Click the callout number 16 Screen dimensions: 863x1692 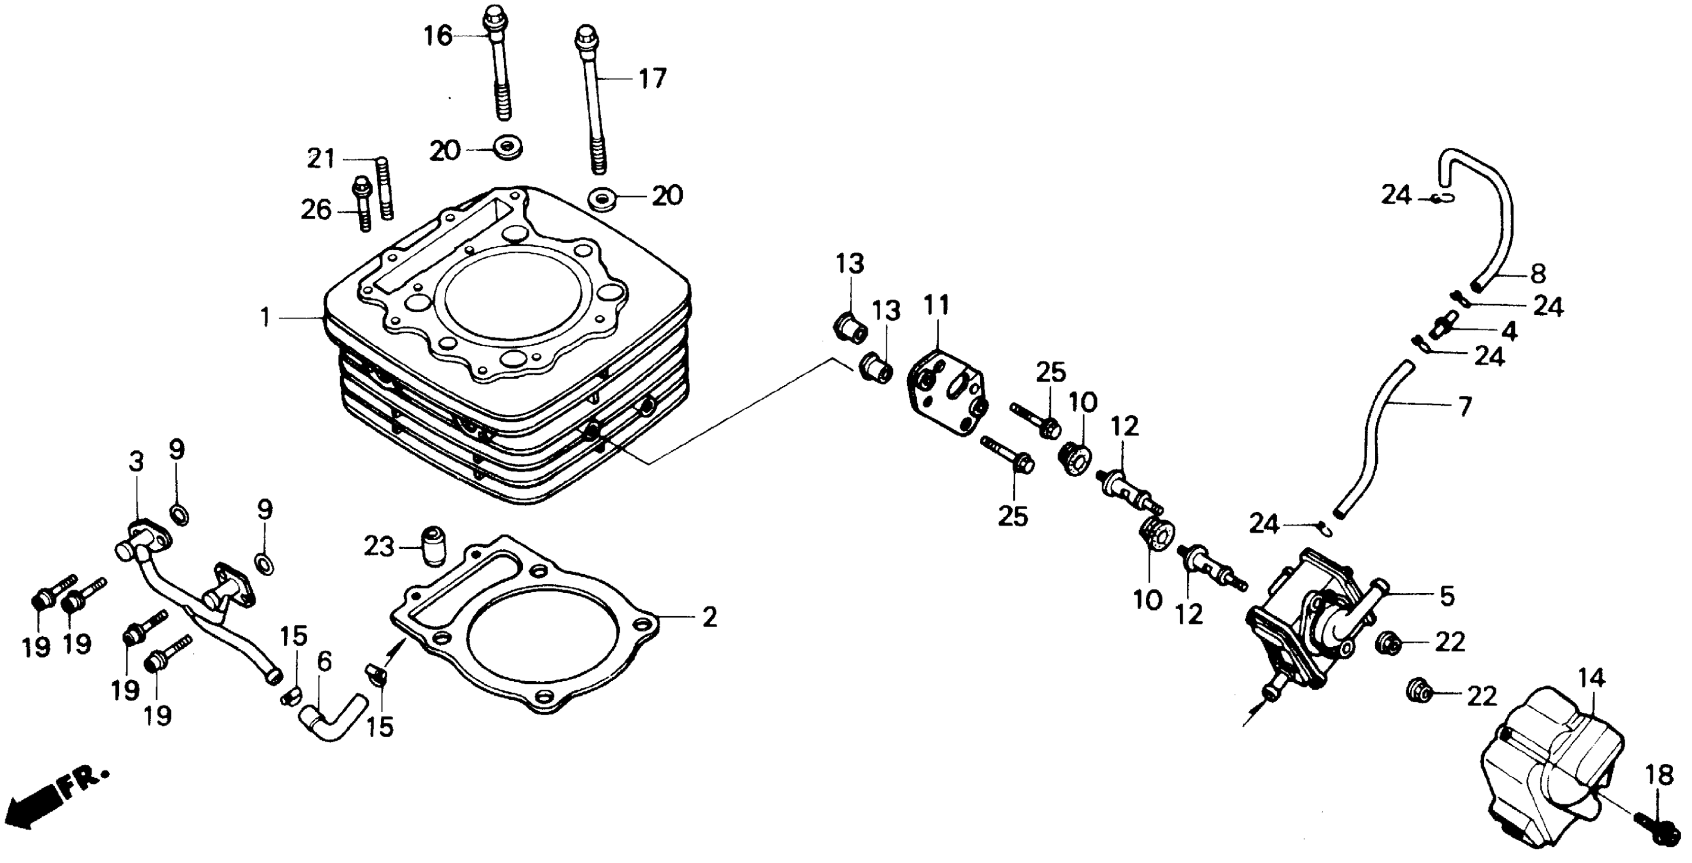(x=438, y=36)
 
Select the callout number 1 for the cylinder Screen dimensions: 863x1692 (x=264, y=318)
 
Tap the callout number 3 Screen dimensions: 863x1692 (x=136, y=462)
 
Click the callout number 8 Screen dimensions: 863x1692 (x=1538, y=273)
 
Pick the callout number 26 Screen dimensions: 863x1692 (x=317, y=211)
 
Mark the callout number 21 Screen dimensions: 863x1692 (x=322, y=159)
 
